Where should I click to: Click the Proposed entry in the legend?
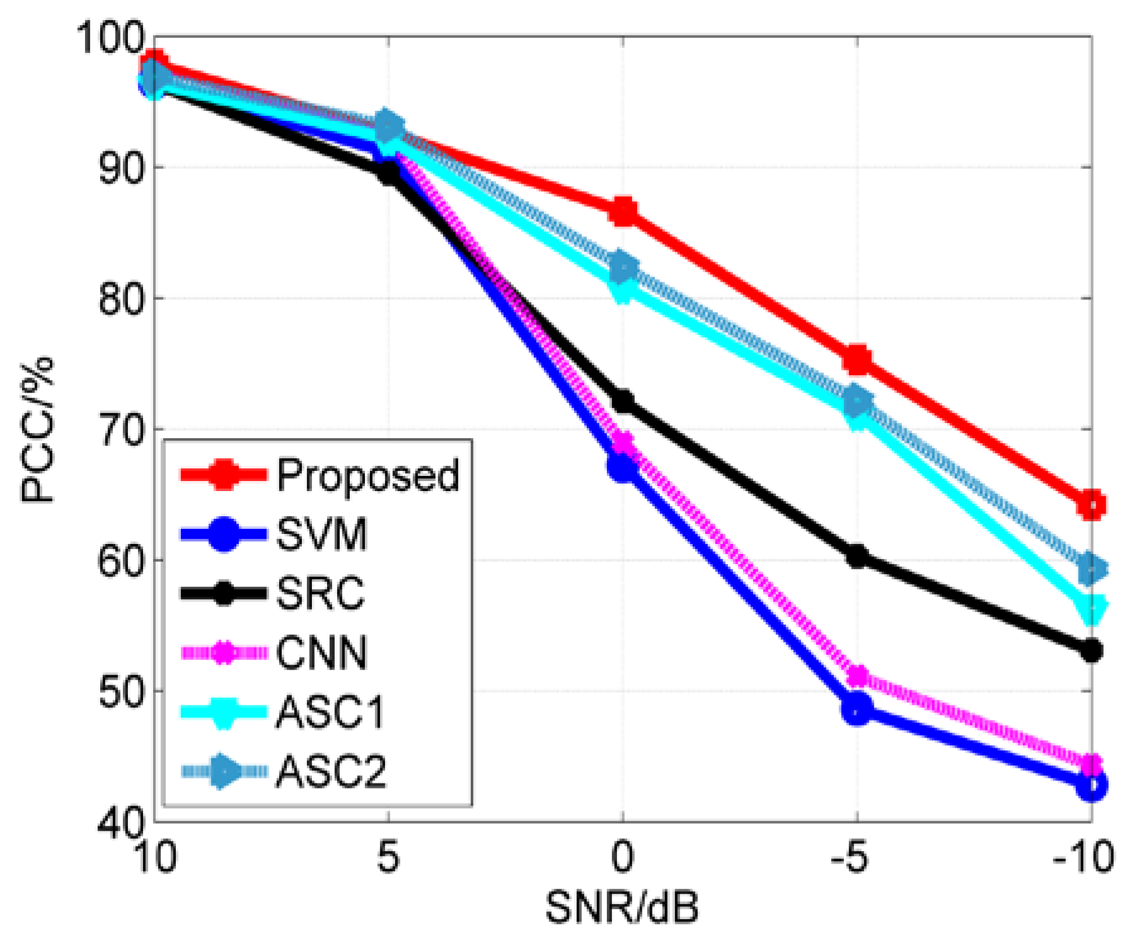(368, 475)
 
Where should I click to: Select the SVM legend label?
(321, 535)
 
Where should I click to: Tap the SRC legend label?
(320, 593)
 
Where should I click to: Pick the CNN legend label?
(321, 652)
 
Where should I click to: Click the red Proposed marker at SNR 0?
(623, 211)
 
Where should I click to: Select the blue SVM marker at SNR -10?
(1091, 785)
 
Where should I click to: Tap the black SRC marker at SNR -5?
(857, 556)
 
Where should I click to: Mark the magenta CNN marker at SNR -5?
(857, 676)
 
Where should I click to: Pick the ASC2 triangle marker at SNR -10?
(1091, 569)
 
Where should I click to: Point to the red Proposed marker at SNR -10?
(1091, 504)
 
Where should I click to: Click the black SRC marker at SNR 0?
(623, 401)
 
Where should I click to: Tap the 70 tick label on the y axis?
(120, 431)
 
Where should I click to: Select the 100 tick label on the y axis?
(110, 38)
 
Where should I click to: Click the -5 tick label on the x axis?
(851, 857)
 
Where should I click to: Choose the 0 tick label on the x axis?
(622, 857)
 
